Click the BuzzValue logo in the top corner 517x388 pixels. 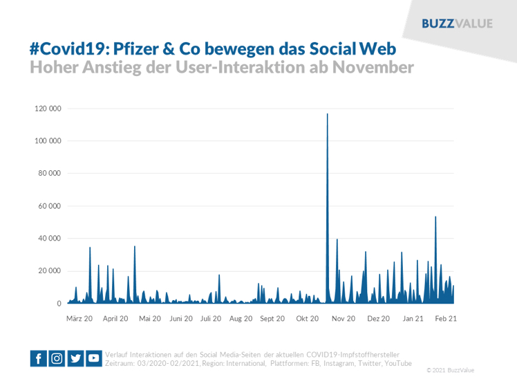point(458,23)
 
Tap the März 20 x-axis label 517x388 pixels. point(79,319)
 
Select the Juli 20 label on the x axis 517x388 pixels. point(211,319)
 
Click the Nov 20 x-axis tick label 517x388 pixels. point(343,319)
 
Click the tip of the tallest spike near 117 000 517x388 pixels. point(327,114)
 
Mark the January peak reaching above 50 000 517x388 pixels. point(435,217)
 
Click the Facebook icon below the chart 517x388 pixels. point(39,358)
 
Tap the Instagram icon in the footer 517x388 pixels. point(57,358)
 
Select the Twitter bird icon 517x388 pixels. point(75,358)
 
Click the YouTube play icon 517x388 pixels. point(93,358)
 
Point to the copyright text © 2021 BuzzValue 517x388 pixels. point(450,370)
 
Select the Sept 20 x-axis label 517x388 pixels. point(272,319)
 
